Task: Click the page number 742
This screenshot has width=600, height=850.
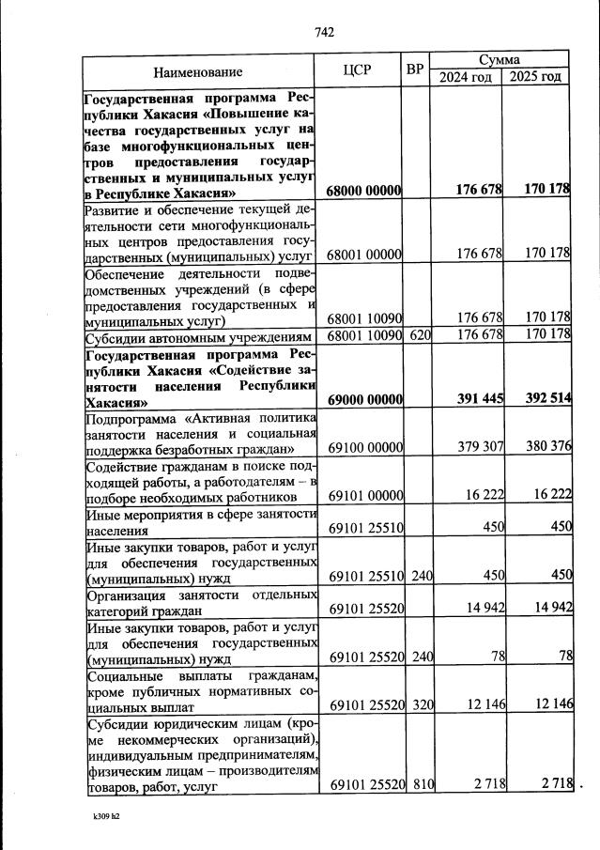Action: (324, 32)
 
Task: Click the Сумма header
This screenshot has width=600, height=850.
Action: (500, 58)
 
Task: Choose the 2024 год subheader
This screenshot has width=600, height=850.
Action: (466, 77)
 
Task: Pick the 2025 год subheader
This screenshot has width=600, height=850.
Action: (536, 77)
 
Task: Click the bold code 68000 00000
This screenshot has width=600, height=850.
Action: (364, 191)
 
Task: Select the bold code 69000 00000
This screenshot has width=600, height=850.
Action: (364, 400)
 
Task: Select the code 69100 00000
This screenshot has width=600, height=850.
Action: (364, 446)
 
